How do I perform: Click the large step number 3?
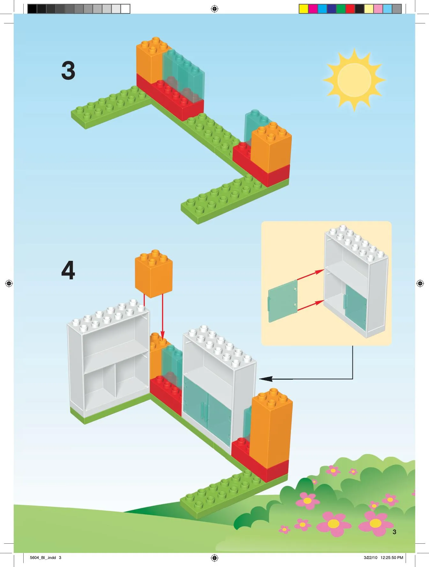(68, 71)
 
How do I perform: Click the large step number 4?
(68, 270)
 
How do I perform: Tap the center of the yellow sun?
(354, 80)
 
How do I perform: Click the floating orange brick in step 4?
(154, 275)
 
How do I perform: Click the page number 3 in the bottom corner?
(394, 532)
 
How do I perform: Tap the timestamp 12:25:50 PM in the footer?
(392, 558)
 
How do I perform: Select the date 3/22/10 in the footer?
(370, 558)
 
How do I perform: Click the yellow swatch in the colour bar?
(303, 9)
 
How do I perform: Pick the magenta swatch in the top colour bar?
(313, 9)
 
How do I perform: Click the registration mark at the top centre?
(215, 9)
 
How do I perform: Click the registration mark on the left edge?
(9, 283)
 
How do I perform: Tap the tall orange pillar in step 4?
(271, 428)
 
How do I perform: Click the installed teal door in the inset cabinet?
(356, 306)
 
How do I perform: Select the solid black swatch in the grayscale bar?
(32, 9)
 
